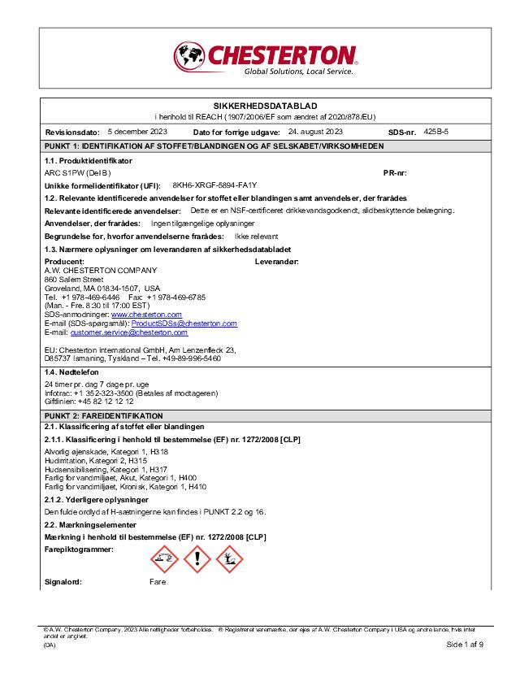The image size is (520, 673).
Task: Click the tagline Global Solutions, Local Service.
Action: (x=299, y=72)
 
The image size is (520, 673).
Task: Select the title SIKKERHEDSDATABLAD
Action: (x=259, y=106)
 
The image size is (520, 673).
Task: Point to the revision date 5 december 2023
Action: (x=137, y=131)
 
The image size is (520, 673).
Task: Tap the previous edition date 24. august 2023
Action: (x=315, y=131)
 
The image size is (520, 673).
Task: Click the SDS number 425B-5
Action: (x=436, y=131)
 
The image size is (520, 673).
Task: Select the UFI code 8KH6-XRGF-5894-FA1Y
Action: (x=214, y=185)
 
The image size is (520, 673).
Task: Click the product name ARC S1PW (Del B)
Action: (x=77, y=172)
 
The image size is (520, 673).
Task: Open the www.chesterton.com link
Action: (x=146, y=314)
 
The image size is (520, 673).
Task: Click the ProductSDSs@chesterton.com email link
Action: (x=195, y=323)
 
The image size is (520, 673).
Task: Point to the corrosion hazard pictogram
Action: (x=165, y=558)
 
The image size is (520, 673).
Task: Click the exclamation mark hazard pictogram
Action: (x=197, y=558)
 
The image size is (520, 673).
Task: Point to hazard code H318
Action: (x=159, y=451)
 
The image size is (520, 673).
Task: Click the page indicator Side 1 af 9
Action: (x=465, y=644)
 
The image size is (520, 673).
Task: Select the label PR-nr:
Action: (x=395, y=172)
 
